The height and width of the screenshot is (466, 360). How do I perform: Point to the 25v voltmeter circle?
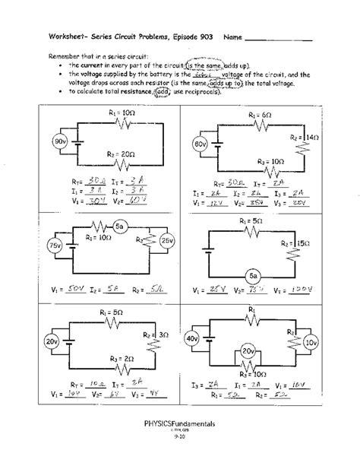click(167, 242)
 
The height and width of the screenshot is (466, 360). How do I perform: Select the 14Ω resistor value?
click(311, 138)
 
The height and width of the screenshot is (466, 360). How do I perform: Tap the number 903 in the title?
click(206, 36)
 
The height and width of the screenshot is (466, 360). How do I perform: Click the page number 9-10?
click(181, 458)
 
